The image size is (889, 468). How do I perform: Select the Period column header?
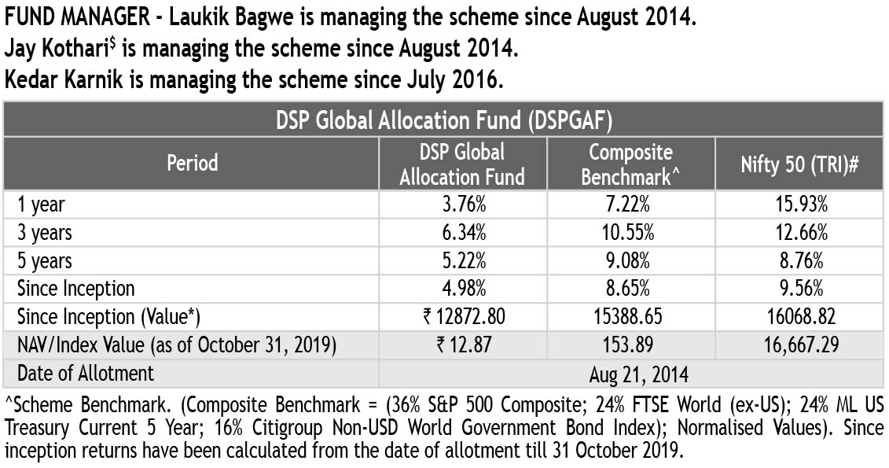tap(192, 163)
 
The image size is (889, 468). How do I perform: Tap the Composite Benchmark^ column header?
tap(630, 164)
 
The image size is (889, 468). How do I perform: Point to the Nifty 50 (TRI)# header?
tap(798, 164)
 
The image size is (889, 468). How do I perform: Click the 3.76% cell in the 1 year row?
tap(462, 205)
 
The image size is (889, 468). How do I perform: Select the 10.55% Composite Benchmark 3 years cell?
tap(630, 233)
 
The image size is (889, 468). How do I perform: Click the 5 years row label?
tap(45, 260)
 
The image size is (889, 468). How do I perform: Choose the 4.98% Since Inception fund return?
tap(462, 289)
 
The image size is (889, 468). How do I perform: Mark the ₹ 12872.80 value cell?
tap(462, 316)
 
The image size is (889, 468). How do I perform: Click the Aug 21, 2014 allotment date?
tap(630, 372)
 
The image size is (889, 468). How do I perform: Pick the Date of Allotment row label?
tap(86, 372)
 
